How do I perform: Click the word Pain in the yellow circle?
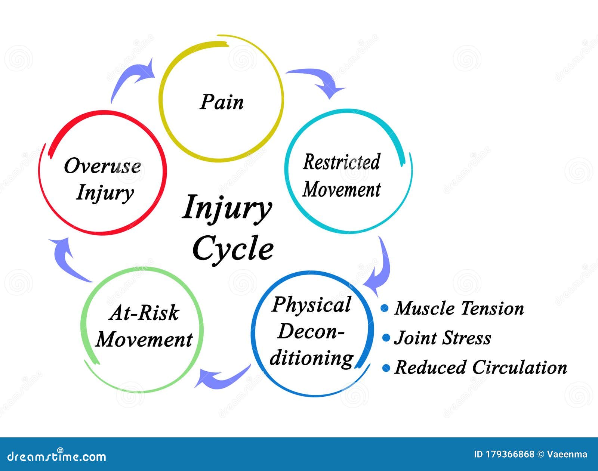(222, 102)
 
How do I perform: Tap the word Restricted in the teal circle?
(341, 162)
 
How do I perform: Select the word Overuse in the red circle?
(102, 166)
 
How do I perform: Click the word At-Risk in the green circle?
(144, 313)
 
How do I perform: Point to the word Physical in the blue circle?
(311, 304)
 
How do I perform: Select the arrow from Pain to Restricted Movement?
(318, 80)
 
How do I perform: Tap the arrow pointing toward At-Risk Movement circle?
(221, 377)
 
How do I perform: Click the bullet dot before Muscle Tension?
(385, 308)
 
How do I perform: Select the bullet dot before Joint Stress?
(386, 338)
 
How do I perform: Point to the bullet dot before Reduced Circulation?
(386, 368)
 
